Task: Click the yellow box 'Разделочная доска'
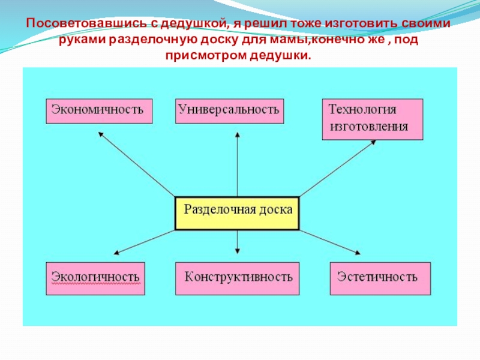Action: (237, 213)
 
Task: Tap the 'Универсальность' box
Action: (230, 110)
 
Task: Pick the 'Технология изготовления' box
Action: (373, 119)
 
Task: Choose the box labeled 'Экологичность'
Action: (95, 278)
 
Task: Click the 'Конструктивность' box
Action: (238, 278)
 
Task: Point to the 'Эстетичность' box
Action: (380, 278)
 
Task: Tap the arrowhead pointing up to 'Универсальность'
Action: (238, 136)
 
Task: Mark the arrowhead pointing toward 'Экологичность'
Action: (116, 253)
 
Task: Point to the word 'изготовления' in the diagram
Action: (369, 127)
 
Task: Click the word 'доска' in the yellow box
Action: (276, 211)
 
